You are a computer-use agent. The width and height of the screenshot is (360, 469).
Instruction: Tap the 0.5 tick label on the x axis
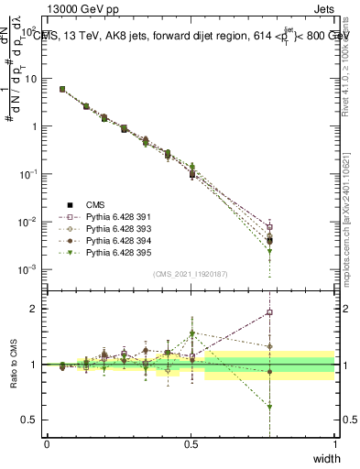pyautogui.click(x=191, y=444)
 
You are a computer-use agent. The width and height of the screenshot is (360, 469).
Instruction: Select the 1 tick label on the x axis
pyautogui.click(x=335, y=444)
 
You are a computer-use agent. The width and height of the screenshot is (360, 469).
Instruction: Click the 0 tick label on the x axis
pyautogui.click(x=47, y=444)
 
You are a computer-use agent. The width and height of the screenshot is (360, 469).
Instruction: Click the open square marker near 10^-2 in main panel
pyautogui.click(x=269, y=226)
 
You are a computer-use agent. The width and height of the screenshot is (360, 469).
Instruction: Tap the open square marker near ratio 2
pyautogui.click(x=269, y=312)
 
